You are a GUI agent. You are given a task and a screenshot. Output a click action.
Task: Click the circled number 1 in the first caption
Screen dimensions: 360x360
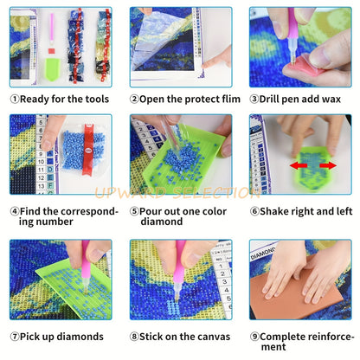tap(15, 100)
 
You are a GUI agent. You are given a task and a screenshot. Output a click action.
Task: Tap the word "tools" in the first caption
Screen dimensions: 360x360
tap(96, 100)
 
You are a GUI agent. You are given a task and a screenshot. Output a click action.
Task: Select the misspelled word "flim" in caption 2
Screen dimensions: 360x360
tap(231, 99)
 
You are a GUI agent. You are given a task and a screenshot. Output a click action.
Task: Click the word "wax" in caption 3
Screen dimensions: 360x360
tap(331, 100)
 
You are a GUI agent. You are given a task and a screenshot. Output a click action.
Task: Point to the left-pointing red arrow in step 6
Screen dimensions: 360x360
tap(299, 165)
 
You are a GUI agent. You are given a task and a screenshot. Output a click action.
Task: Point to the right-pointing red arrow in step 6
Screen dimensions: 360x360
tap(328, 165)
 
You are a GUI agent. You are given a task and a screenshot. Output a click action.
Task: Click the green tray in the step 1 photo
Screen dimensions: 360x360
tap(53, 69)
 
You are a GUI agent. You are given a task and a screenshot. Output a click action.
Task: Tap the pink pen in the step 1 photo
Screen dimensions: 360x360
tap(52, 28)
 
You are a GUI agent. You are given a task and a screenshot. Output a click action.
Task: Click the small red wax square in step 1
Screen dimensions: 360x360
tap(51, 51)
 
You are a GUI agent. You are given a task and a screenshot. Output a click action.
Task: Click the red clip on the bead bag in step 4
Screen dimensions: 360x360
tap(87, 149)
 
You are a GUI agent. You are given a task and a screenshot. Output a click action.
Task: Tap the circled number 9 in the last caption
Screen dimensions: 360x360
tap(254, 337)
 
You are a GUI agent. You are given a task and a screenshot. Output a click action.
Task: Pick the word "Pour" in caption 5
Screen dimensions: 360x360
tap(151, 211)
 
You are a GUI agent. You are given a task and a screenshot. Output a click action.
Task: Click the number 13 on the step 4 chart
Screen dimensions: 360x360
tap(42, 186)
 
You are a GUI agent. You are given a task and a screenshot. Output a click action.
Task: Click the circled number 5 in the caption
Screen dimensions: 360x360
tap(134, 211)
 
